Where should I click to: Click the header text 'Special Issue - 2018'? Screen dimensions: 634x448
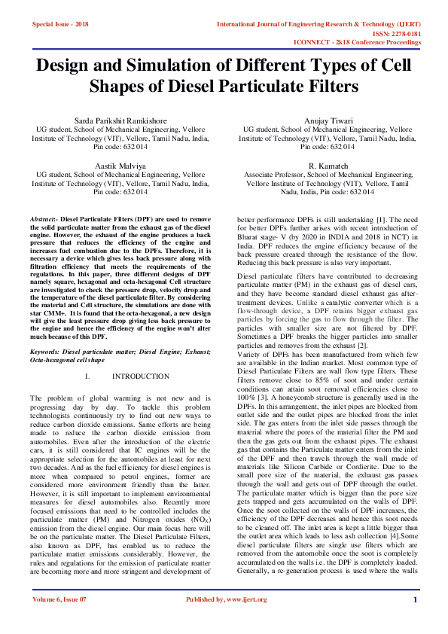(x=60, y=25)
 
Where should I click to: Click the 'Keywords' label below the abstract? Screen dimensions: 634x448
(x=48, y=352)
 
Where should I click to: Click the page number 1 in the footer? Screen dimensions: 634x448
(x=415, y=620)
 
